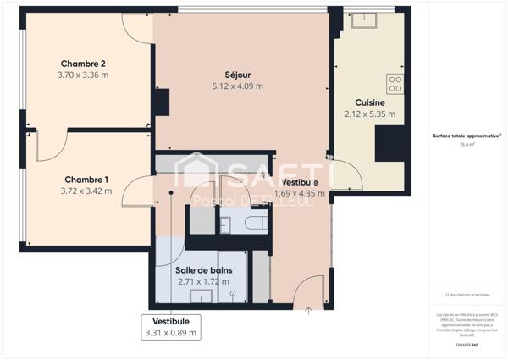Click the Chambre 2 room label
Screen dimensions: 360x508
pyautogui.click(x=83, y=64)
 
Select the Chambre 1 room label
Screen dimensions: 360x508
pyautogui.click(x=85, y=179)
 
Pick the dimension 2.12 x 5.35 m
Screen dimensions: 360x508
pyautogui.click(x=370, y=114)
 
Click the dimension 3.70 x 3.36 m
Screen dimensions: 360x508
pyautogui.click(x=83, y=75)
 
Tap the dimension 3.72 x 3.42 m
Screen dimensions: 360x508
pyautogui.click(x=85, y=191)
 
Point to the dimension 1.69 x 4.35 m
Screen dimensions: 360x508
pyautogui.click(x=300, y=193)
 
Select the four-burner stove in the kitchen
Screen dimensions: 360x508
pyautogui.click(x=395, y=83)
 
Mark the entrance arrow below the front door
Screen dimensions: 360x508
pyautogui.click(x=308, y=311)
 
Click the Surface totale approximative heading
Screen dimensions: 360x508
pyautogui.click(x=465, y=136)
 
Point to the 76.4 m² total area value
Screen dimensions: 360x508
pyautogui.click(x=466, y=145)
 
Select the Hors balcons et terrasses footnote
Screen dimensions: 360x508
pyautogui.click(x=465, y=295)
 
